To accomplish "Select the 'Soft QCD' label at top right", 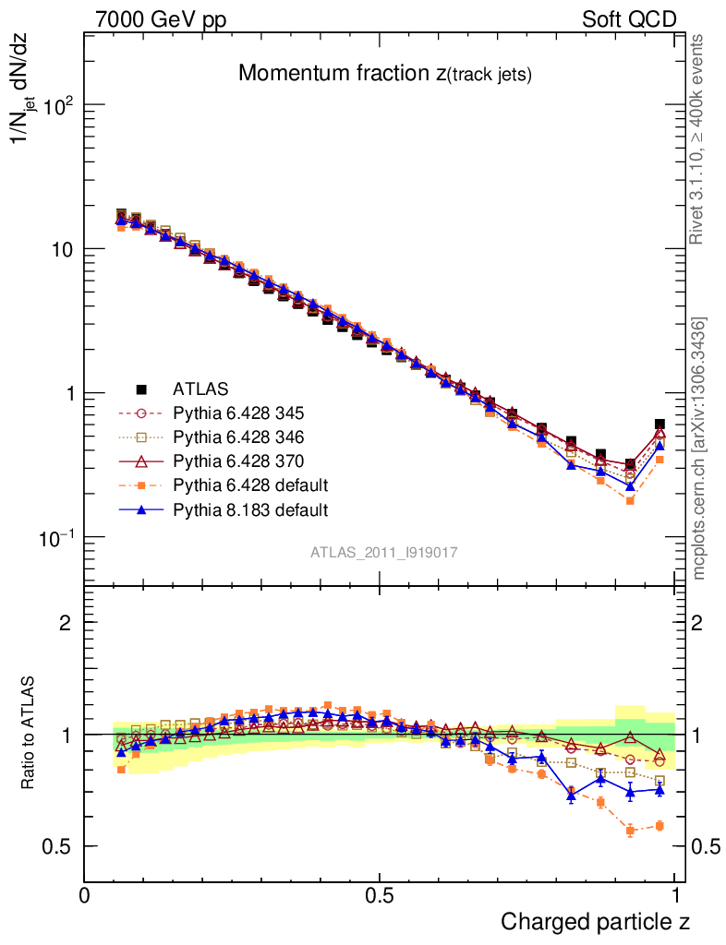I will (x=629, y=19).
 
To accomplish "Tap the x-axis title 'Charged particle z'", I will (x=595, y=921).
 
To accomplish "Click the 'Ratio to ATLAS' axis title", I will (x=29, y=734).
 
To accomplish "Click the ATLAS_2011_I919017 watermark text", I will (x=383, y=552).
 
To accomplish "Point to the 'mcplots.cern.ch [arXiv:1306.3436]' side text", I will (x=700, y=449).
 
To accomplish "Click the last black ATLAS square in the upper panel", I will (x=659, y=425).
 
